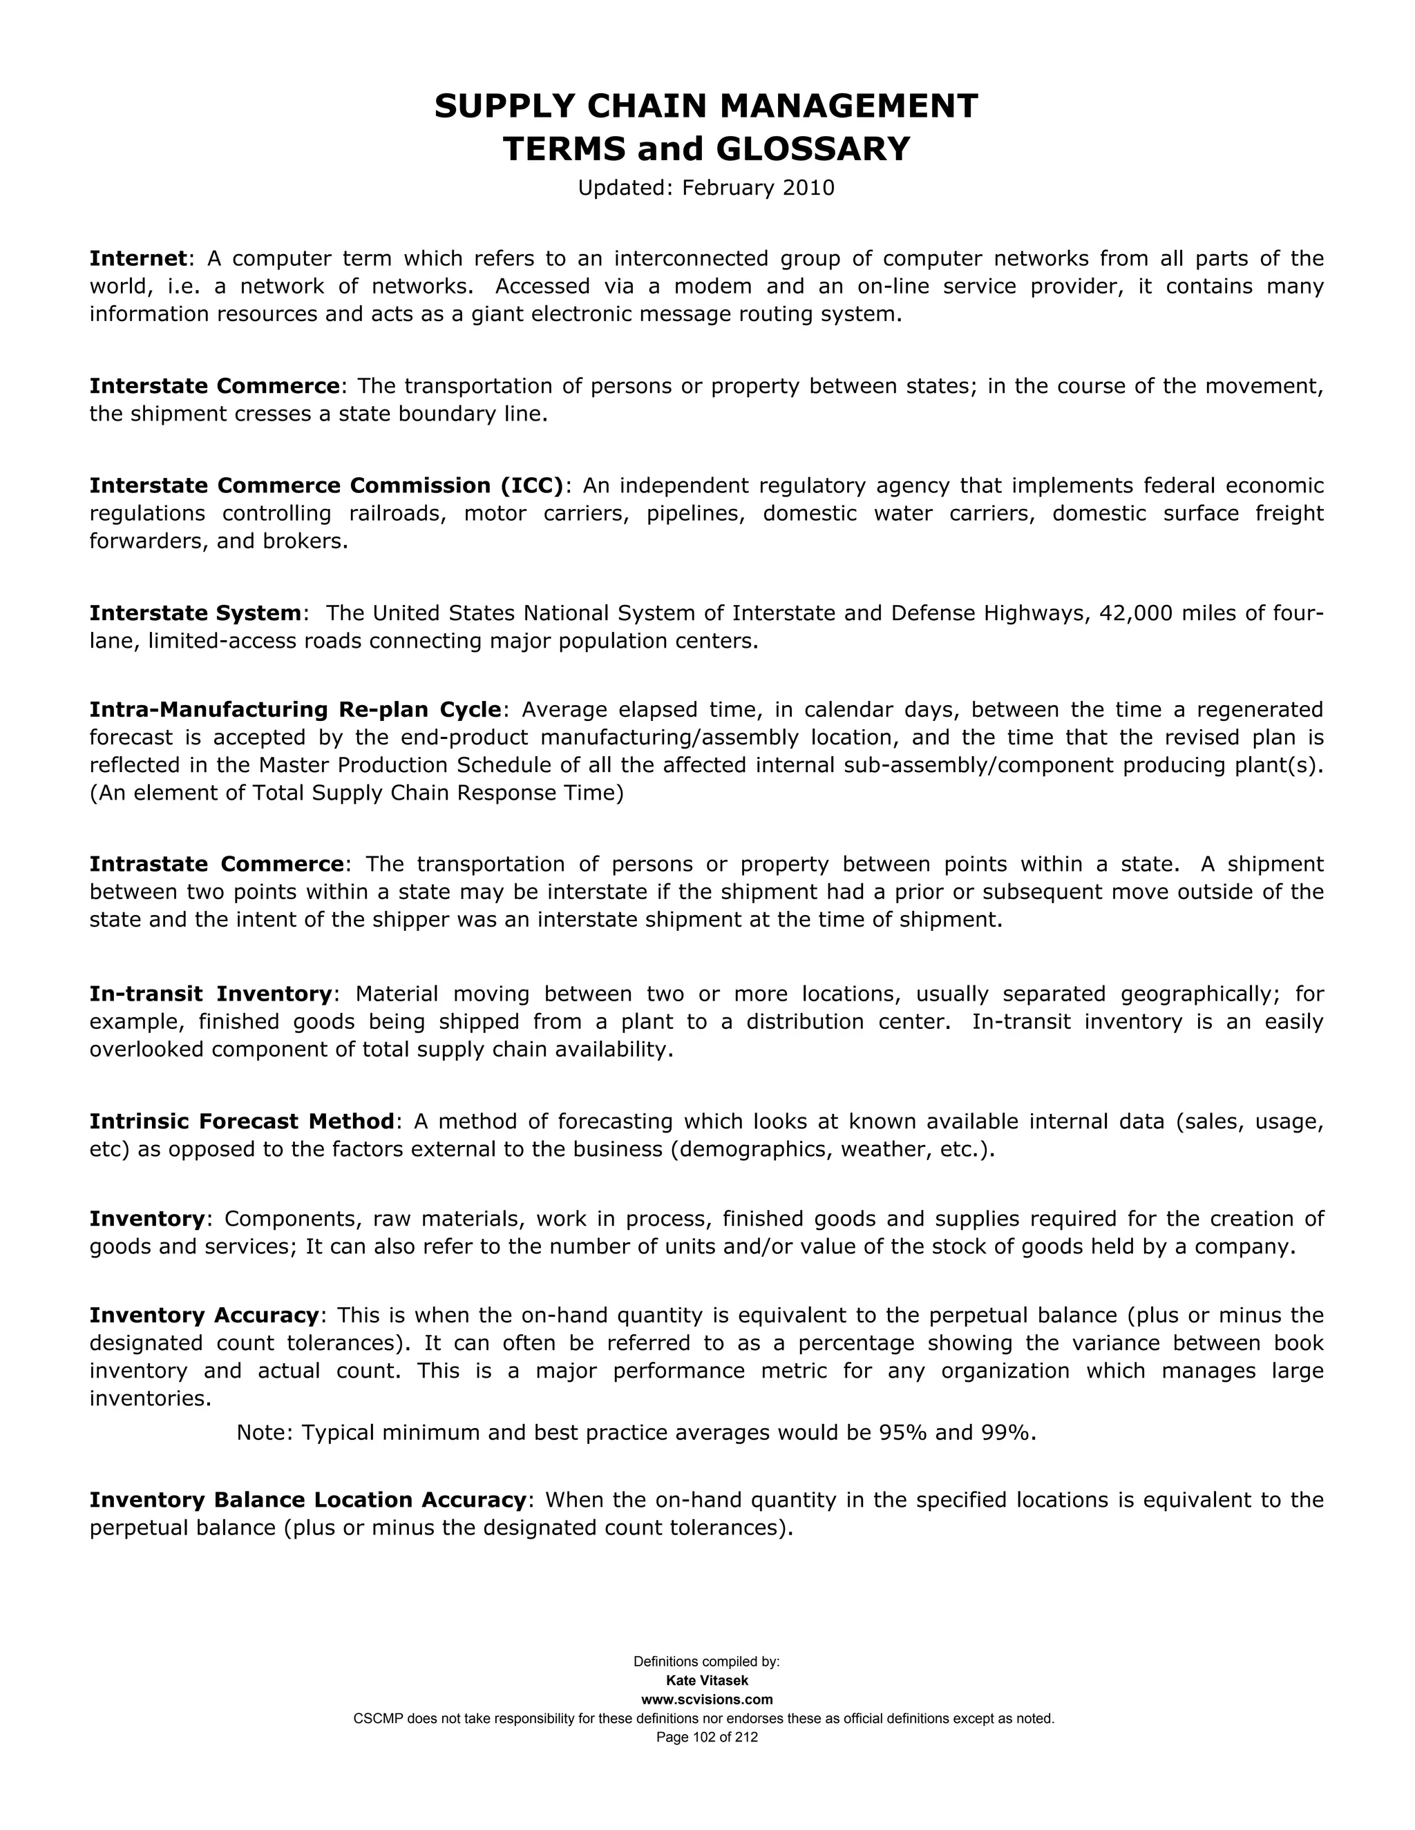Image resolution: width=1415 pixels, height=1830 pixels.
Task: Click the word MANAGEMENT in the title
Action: point(848,106)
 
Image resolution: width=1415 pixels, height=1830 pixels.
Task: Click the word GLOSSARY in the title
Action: point(813,149)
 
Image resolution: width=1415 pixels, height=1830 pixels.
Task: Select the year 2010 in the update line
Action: point(808,188)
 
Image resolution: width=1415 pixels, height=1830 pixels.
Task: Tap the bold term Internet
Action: point(137,258)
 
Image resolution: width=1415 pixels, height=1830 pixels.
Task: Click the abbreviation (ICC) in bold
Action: point(531,486)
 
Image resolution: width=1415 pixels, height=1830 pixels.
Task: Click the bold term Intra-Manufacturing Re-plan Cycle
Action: point(295,710)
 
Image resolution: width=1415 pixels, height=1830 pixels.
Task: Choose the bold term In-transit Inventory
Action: point(211,994)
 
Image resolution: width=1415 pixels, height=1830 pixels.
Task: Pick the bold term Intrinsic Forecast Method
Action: point(241,1121)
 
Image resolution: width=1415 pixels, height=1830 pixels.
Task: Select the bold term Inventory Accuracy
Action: point(205,1316)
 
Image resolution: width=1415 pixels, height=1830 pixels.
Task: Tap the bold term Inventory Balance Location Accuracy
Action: point(307,1500)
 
